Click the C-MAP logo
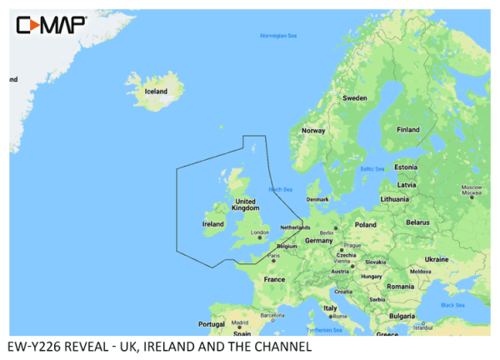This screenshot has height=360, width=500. (52, 26)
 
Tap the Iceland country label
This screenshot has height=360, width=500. (156, 91)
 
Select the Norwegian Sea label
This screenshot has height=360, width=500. (278, 36)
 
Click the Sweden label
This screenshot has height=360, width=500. (355, 97)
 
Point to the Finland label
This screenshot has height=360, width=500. (407, 129)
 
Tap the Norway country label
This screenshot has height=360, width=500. (313, 130)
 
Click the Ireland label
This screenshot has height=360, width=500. (213, 223)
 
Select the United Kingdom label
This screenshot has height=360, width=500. (246, 205)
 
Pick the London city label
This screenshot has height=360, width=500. (260, 232)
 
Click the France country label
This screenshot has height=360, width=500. (274, 279)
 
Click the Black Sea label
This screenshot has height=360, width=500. (452, 305)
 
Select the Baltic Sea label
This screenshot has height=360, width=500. (372, 169)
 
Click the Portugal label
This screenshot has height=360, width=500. (212, 324)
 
